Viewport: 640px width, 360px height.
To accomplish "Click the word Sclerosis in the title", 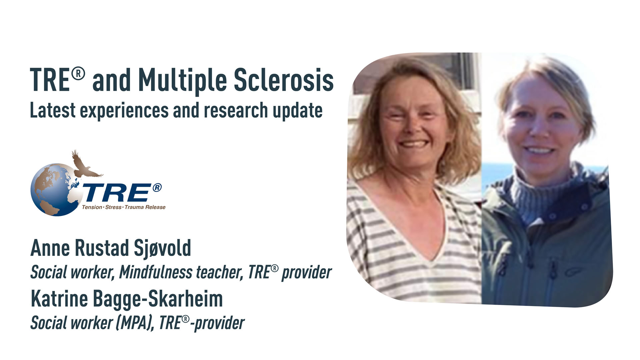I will click(x=283, y=80).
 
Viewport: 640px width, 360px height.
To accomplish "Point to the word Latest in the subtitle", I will click(x=53, y=111).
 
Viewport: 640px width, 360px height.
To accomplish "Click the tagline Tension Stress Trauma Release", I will click(x=124, y=207).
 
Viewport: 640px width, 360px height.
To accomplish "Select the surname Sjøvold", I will click(x=162, y=248).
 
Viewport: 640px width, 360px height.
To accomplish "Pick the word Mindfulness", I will click(x=155, y=273).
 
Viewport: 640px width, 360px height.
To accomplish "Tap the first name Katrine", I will click(x=59, y=299).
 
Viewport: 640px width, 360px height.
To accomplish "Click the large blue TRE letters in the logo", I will click(x=117, y=193).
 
